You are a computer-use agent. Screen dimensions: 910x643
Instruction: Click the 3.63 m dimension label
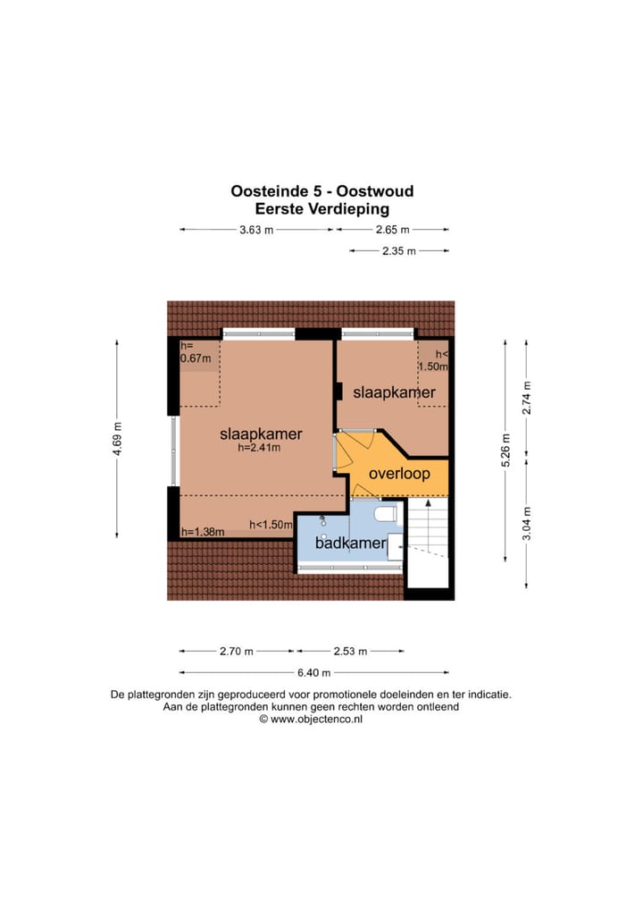[x=256, y=230]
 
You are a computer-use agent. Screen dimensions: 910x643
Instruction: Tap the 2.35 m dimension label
[x=399, y=251]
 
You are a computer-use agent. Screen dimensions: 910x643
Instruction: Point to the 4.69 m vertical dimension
[x=116, y=438]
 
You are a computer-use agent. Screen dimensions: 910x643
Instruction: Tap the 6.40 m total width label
[x=313, y=672]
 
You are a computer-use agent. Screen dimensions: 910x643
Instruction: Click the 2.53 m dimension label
[x=349, y=651]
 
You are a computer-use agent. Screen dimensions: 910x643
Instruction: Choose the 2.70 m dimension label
[x=237, y=651]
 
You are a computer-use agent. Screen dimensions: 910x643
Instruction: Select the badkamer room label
[x=350, y=543]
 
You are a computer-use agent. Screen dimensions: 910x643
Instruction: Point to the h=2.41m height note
[x=260, y=449]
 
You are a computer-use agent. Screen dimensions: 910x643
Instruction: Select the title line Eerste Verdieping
[x=322, y=209]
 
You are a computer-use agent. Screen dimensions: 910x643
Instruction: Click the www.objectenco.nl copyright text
[x=310, y=718]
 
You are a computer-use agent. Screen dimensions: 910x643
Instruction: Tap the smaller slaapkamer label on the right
[x=394, y=392]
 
